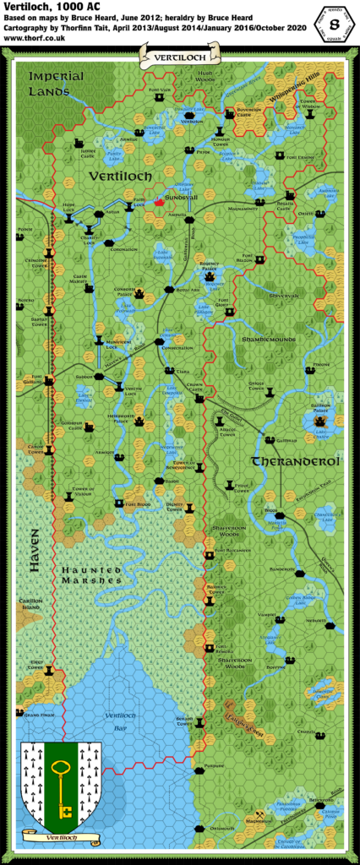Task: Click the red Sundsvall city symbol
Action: pyautogui.click(x=158, y=202)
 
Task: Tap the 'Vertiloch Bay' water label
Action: pyautogui.click(x=118, y=719)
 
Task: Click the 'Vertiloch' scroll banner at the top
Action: pyautogui.click(x=180, y=57)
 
